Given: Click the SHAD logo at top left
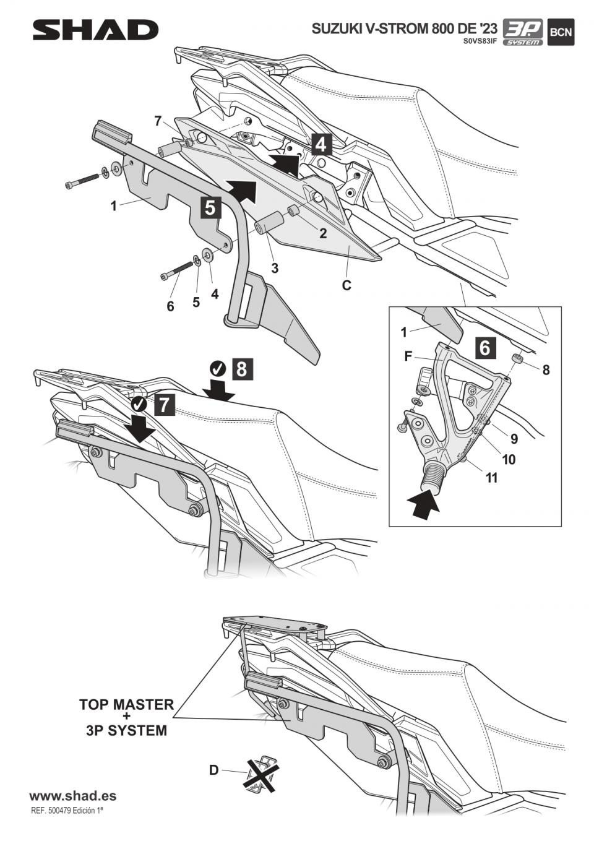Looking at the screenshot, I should (95, 30).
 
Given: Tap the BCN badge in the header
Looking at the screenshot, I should (561, 32).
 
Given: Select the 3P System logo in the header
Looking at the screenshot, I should (522, 32).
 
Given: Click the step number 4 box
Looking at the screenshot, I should (320, 144).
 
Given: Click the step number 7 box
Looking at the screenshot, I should (163, 405).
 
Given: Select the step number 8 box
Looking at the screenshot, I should (241, 369).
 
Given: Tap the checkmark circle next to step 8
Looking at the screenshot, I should (218, 369).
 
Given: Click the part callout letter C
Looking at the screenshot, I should (346, 285).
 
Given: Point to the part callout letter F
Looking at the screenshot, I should (408, 356).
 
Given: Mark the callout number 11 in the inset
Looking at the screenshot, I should (491, 478).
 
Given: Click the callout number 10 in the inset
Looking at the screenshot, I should (508, 459).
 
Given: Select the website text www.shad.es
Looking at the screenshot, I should (72, 796).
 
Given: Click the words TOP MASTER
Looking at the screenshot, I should (126, 704).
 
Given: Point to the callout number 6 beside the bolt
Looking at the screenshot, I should (170, 306).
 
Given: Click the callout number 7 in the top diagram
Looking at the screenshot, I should (158, 121).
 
